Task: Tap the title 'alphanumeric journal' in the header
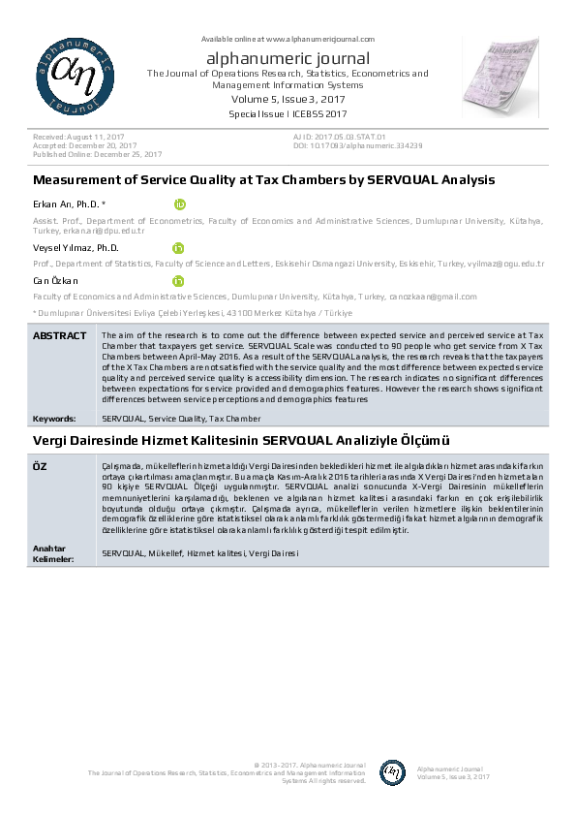[288, 58]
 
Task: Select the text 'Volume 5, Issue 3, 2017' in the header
[288, 99]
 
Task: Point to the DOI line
[357, 145]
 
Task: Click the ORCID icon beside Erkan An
[179, 204]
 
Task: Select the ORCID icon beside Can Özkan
[179, 281]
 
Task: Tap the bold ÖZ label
[41, 467]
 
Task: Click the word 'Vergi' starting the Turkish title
[51, 441]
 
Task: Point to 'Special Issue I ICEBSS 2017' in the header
[288, 114]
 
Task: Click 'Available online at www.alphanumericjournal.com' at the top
[288, 38]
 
